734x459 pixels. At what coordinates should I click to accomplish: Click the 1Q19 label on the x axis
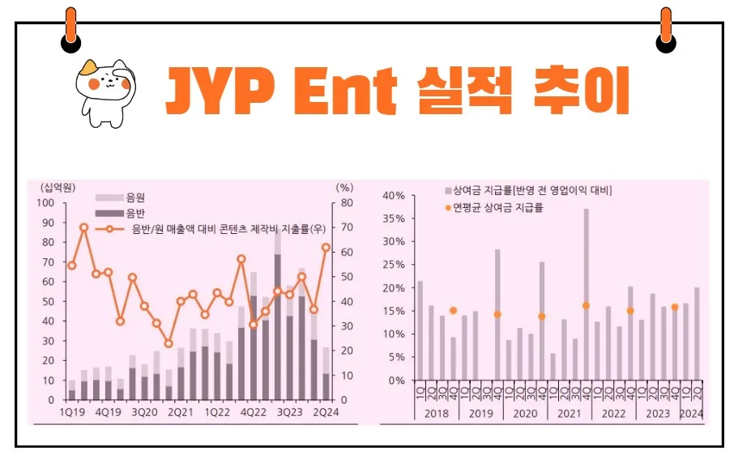pyautogui.click(x=71, y=411)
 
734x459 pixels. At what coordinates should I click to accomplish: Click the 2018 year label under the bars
pyautogui.click(x=436, y=414)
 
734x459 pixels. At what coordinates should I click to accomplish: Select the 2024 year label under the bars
pyautogui.click(x=690, y=414)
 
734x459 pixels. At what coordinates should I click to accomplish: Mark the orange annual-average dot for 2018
pyautogui.click(x=453, y=311)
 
